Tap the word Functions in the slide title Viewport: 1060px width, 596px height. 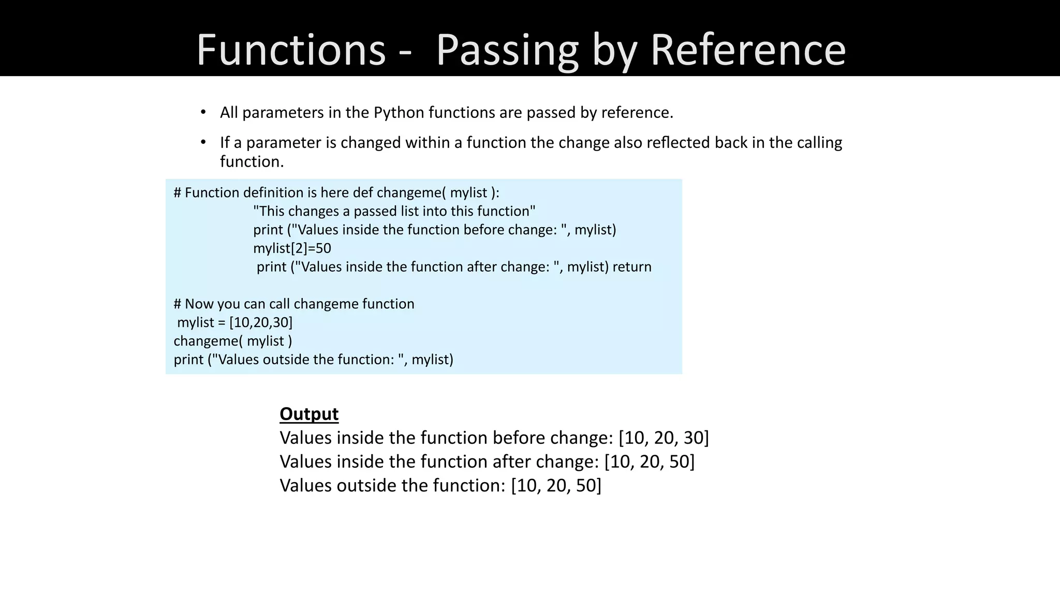pos(291,50)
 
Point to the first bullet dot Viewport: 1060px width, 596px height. pos(203,112)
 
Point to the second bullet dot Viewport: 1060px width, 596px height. pos(203,142)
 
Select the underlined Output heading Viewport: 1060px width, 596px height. pos(309,414)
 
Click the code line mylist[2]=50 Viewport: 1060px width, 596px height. pos(292,248)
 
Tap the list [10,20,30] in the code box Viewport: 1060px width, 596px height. pos(261,322)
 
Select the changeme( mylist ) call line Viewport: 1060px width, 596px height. pos(233,341)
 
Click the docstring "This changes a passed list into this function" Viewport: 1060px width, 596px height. pos(394,211)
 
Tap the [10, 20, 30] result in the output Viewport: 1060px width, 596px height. pos(664,438)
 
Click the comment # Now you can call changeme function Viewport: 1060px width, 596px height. pos(294,304)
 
